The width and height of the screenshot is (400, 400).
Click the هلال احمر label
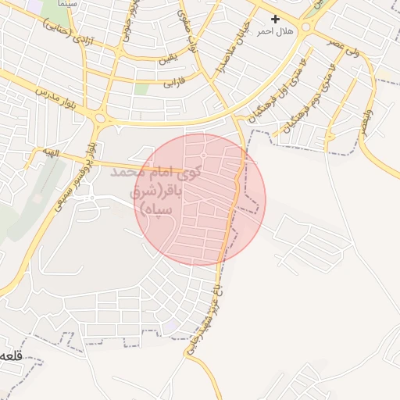coord(275,30)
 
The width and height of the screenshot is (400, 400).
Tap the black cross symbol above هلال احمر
coord(274,18)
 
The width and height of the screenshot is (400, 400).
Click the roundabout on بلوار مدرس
coord(101,119)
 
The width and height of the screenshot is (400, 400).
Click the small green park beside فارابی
coord(141,88)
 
